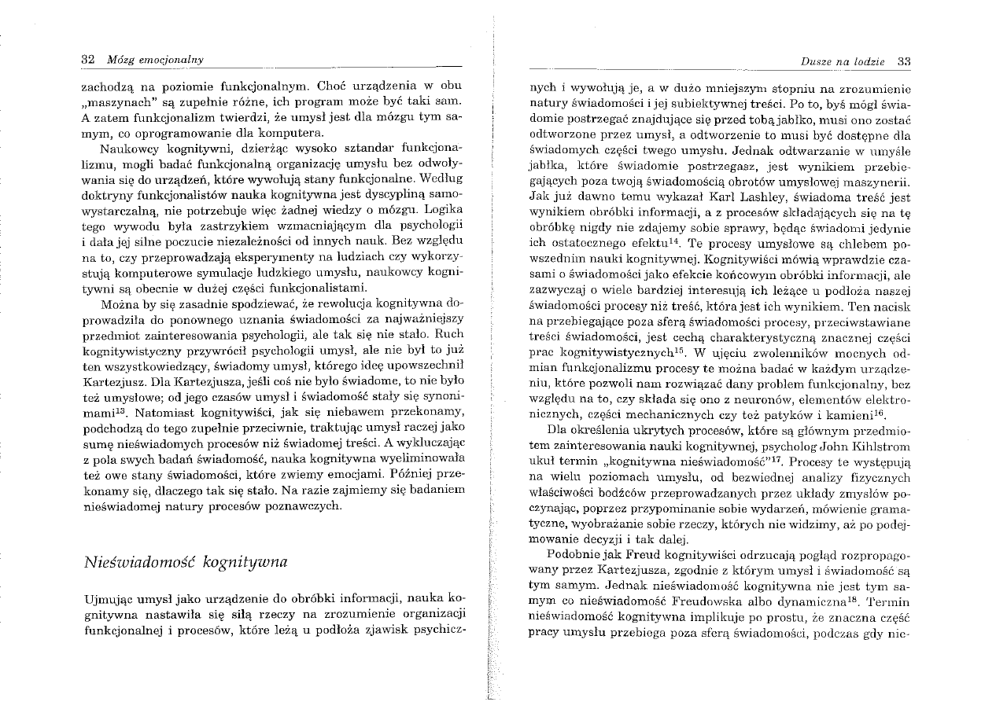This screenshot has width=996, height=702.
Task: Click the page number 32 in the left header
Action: tap(87, 60)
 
